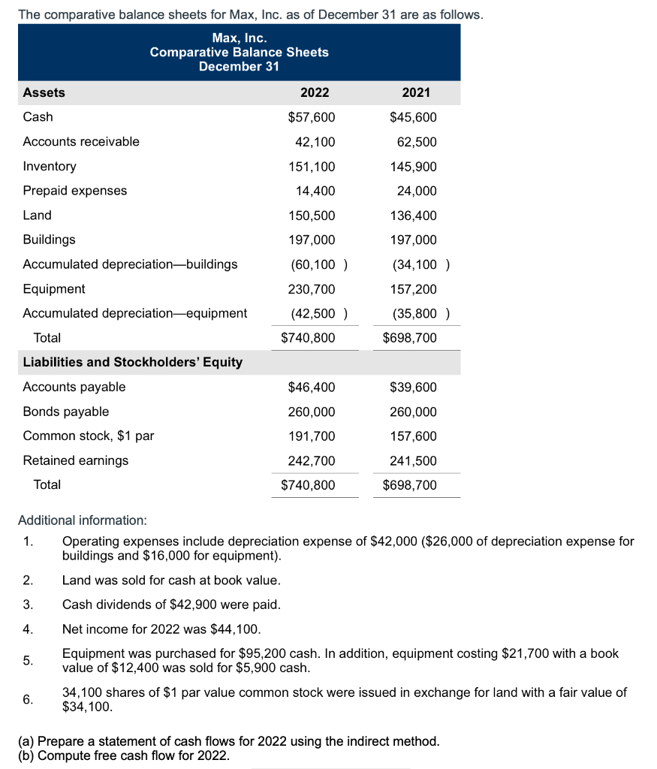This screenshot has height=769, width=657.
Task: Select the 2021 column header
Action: [416, 92]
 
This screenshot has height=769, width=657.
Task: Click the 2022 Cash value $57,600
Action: [312, 117]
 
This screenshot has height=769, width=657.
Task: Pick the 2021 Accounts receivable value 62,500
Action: [418, 142]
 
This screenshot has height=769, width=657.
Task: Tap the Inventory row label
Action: [50, 166]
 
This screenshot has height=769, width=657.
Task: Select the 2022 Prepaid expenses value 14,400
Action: [316, 191]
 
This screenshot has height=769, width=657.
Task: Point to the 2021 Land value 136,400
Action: [414, 216]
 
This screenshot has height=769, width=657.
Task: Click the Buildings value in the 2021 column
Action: [414, 240]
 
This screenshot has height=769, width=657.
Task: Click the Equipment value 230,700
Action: [312, 289]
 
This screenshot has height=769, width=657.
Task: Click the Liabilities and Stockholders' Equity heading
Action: [133, 362]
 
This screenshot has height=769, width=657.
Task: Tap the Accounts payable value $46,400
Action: [312, 388]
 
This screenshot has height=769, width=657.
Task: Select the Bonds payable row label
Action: [66, 412]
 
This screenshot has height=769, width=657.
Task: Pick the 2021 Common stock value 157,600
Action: [414, 436]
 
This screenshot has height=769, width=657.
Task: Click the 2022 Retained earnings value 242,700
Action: [312, 460]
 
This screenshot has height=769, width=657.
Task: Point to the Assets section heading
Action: [44, 92]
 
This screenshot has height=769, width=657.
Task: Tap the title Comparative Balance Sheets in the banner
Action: [239, 52]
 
